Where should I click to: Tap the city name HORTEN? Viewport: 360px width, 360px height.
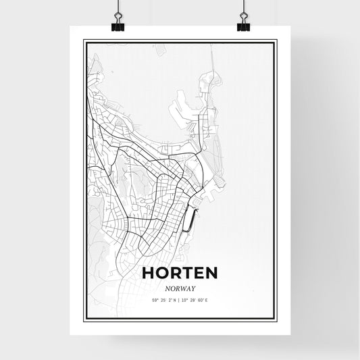pos(180,273)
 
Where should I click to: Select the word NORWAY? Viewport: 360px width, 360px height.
pos(180,287)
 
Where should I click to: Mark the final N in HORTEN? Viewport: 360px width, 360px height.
pos(211,273)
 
